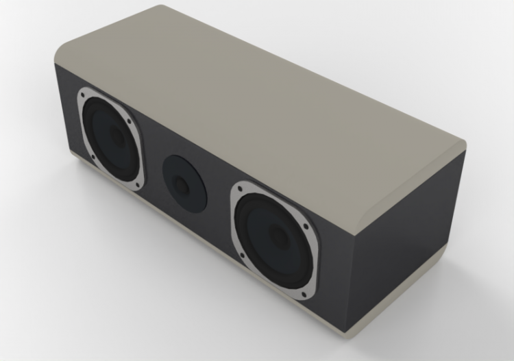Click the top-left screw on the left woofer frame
(x=86, y=94)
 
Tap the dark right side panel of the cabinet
(x=404, y=253)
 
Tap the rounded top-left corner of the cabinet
(x=65, y=51)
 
